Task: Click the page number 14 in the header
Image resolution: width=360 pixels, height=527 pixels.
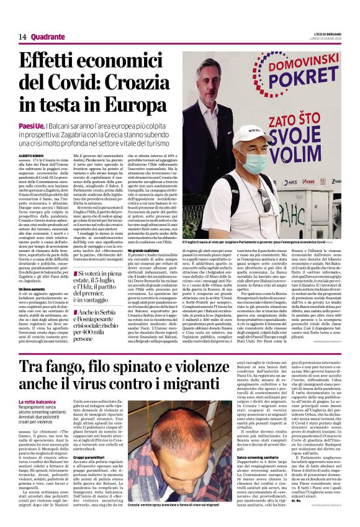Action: tap(22, 37)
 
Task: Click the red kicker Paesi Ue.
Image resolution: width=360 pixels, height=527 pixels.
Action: tap(32, 125)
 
